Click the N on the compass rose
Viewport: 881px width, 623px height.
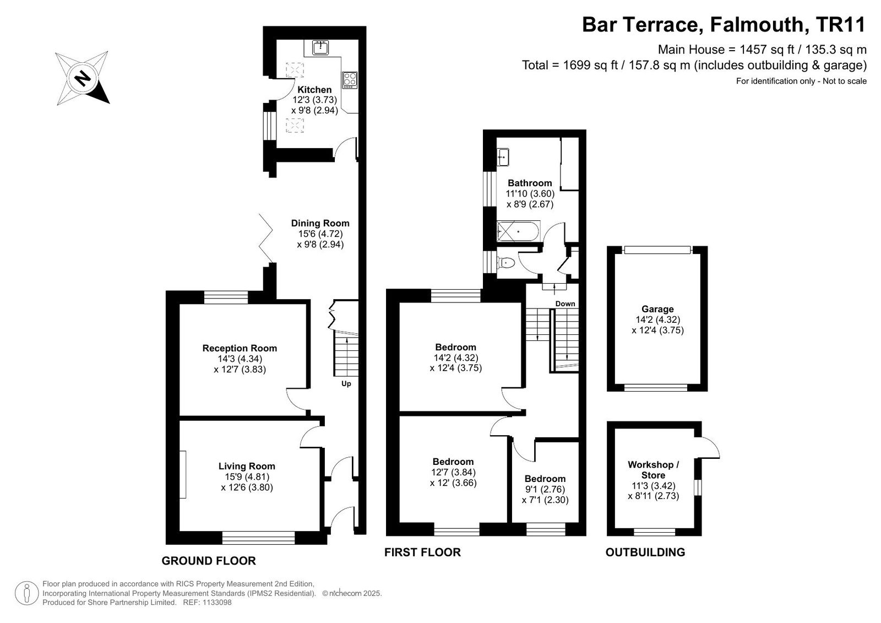(x=83, y=78)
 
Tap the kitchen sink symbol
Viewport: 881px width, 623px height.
(x=320, y=47)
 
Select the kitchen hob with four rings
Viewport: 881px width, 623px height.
(x=350, y=80)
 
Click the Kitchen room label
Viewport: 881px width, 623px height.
(x=314, y=90)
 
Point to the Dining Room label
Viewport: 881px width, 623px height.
(x=320, y=223)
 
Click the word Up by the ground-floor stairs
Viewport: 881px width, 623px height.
(x=346, y=384)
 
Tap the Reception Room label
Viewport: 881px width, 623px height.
(x=240, y=348)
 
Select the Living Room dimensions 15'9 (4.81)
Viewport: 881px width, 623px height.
(x=247, y=477)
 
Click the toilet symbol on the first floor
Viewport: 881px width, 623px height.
(x=506, y=263)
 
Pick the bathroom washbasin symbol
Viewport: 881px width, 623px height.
(x=503, y=157)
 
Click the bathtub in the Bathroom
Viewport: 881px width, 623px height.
(x=518, y=231)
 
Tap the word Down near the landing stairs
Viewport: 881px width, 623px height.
(x=565, y=304)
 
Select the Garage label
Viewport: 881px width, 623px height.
(x=657, y=310)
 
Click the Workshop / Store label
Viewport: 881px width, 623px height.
(x=653, y=470)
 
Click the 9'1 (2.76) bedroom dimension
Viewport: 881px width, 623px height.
(x=545, y=490)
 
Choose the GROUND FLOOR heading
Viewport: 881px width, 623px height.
(x=209, y=561)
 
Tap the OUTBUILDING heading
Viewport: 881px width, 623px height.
(x=645, y=552)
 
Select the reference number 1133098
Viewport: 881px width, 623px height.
(x=217, y=603)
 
